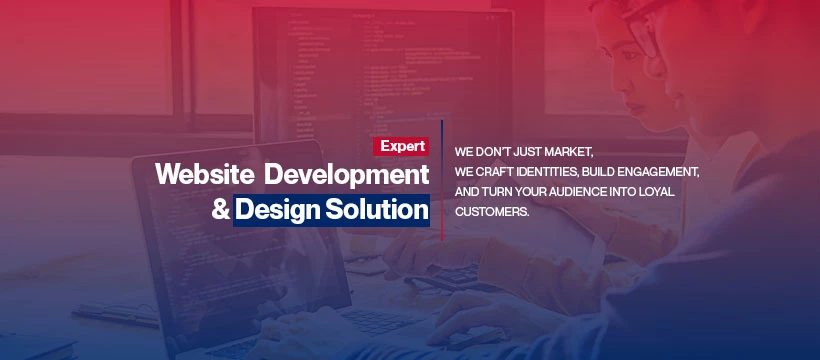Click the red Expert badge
(x=401, y=147)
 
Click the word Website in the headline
(x=205, y=174)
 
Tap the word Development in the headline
(x=346, y=175)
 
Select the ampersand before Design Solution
(x=220, y=210)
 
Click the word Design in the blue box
(x=277, y=210)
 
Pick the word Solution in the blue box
(x=376, y=210)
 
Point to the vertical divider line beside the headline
(x=442, y=181)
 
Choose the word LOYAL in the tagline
(x=657, y=192)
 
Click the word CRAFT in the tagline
(x=496, y=172)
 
